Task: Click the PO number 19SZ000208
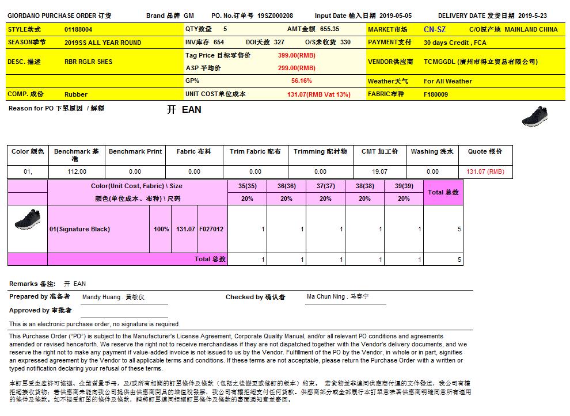tap(275, 16)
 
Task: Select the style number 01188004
tap(78, 29)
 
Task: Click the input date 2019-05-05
tap(396, 16)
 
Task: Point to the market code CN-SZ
tap(434, 29)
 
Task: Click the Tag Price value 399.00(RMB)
tap(297, 55)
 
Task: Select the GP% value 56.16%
tap(302, 81)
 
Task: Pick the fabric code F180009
tap(436, 94)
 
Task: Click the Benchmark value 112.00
tap(77, 171)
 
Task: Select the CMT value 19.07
tap(379, 171)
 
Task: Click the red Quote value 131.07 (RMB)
tap(485, 171)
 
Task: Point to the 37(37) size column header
tap(325, 186)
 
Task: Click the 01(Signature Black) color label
tap(79, 229)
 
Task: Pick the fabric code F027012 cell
tap(211, 229)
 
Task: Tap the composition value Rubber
tap(76, 94)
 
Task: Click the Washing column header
tap(432, 151)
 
